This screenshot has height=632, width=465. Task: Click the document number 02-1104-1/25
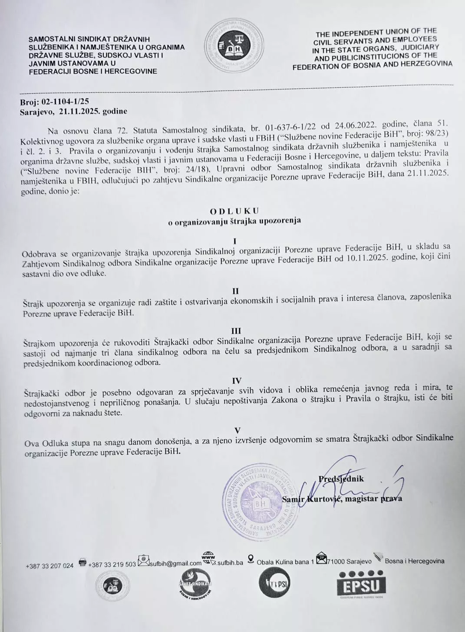pyautogui.click(x=64, y=101)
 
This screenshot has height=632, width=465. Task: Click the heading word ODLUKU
pyautogui.click(x=234, y=211)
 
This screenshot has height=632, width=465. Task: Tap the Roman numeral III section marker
pyautogui.click(x=237, y=331)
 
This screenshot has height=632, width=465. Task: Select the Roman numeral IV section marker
pyautogui.click(x=237, y=381)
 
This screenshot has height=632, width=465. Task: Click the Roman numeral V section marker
pyautogui.click(x=237, y=430)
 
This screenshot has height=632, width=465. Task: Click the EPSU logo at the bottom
pyautogui.click(x=361, y=585)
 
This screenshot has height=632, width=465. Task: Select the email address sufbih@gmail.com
pyautogui.click(x=175, y=564)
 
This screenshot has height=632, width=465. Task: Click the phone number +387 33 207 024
pyautogui.click(x=50, y=566)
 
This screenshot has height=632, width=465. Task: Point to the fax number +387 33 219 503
pyautogui.click(x=112, y=564)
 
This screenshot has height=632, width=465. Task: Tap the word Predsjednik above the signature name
pyautogui.click(x=341, y=479)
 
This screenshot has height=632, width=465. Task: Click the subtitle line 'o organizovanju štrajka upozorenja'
pyautogui.click(x=234, y=221)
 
